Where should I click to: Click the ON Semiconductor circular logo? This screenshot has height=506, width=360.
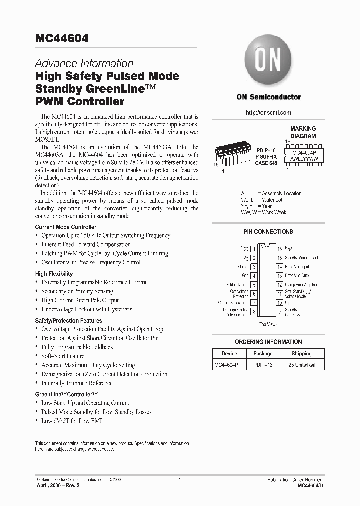click(268, 61)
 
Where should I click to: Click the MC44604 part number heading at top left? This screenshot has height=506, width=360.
click(62, 39)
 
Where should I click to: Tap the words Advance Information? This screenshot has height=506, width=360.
click(84, 64)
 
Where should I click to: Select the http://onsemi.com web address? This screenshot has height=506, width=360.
click(268, 113)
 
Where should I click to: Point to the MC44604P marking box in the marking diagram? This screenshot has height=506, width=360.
click(307, 153)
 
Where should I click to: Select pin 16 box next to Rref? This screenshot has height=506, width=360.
click(280, 248)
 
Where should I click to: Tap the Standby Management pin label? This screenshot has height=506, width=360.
click(301, 258)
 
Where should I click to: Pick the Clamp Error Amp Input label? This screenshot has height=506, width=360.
click(302, 285)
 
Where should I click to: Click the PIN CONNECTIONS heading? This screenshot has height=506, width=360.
click(268, 232)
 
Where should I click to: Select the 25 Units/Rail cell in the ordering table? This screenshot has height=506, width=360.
click(301, 365)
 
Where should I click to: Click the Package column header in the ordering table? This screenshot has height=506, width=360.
click(262, 353)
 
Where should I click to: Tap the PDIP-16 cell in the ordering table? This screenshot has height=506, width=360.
click(262, 365)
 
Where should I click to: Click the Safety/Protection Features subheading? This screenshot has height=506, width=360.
click(68, 321)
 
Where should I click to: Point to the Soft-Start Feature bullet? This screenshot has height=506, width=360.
click(63, 356)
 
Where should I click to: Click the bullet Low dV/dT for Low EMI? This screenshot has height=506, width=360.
click(73, 421)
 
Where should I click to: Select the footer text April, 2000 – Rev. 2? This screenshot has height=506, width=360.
click(58, 485)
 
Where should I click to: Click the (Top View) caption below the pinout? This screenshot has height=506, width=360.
click(267, 325)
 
